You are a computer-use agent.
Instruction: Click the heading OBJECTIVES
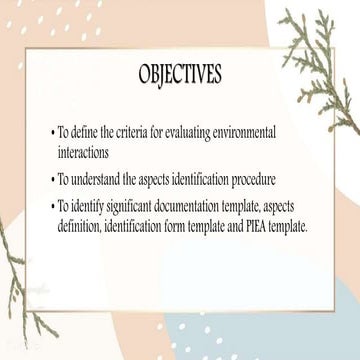[x=180, y=76]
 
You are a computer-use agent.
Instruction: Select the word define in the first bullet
[x=101, y=132]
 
